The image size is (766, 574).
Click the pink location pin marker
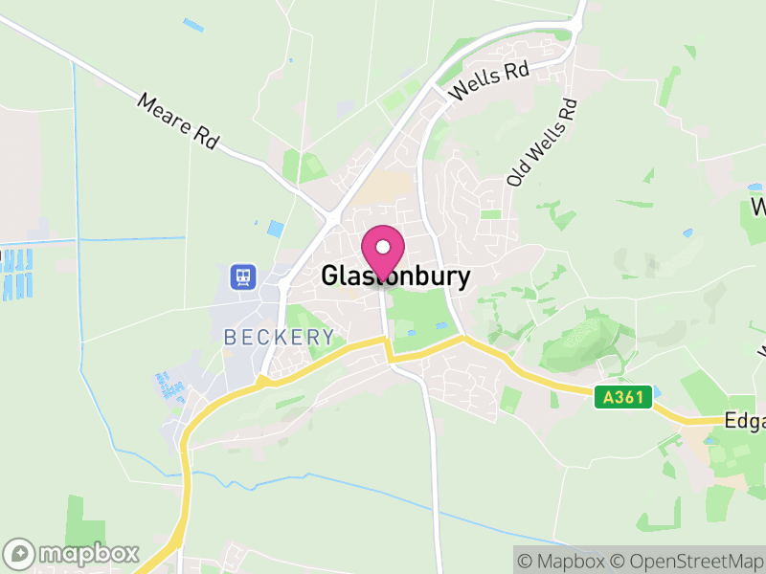pos(383,253)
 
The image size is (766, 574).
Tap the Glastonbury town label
pos(395,276)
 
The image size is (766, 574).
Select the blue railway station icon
pos(243,277)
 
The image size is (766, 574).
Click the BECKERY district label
pos(280,337)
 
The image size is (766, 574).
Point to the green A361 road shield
pos(622,396)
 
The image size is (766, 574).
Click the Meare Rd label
pos(178,121)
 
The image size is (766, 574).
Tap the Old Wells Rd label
pos(543,143)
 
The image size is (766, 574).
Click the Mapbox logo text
pos(90,553)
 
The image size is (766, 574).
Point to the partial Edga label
pos(744,421)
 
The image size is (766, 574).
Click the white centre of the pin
pos(383,247)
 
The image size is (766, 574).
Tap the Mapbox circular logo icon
pos(20,553)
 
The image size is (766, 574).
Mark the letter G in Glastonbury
pos(330,276)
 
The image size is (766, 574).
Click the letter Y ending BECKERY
pos(328,337)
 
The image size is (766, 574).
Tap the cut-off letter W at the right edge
pos(758,207)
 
